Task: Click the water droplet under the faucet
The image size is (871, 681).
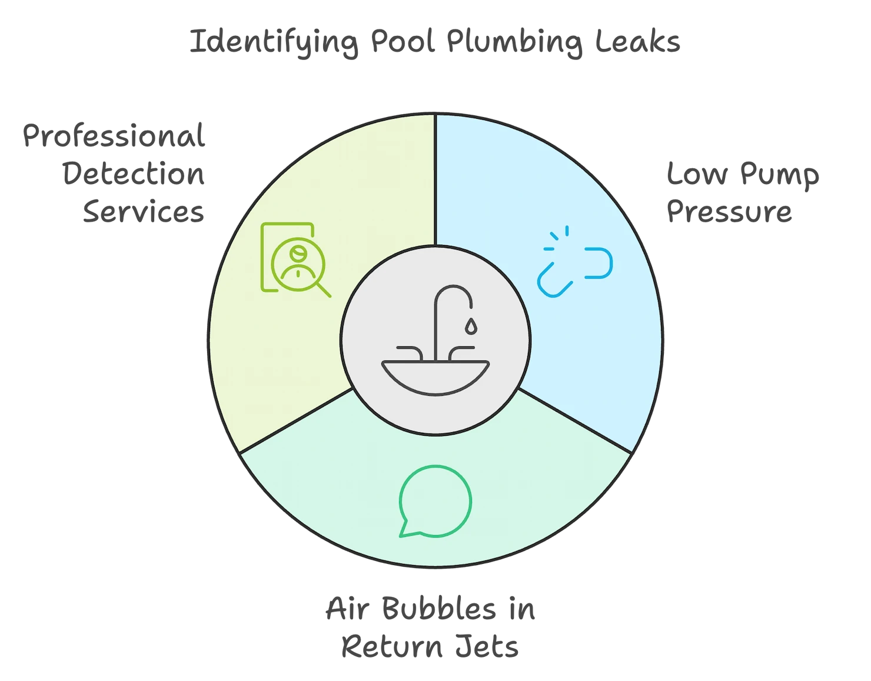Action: pos(470,326)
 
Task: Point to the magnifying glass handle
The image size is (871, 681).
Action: pos(323,289)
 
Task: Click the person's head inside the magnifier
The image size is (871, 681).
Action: pos(297,253)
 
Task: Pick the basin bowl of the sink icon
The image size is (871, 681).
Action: pos(435,375)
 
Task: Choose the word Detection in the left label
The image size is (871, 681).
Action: pos(135,175)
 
